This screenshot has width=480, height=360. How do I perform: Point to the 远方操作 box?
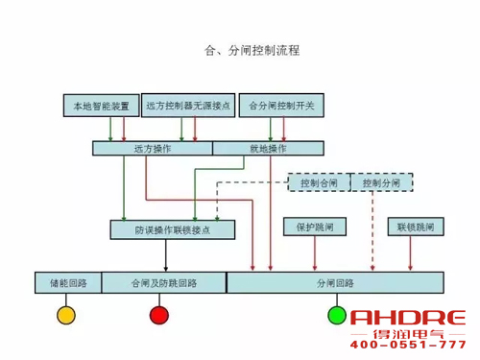point(152,149)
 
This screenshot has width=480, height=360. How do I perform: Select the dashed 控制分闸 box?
point(381,182)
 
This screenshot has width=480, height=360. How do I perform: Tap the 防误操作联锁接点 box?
point(173,229)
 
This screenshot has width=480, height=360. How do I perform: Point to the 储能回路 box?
point(67,283)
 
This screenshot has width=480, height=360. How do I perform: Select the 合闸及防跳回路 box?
point(163,283)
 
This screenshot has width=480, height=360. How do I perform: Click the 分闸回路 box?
point(335,283)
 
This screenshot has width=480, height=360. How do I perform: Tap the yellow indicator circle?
point(66,315)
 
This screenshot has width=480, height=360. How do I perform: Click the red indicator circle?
point(159,315)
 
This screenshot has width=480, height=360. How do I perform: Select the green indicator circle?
point(337,315)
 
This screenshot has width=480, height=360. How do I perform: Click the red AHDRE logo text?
point(408,318)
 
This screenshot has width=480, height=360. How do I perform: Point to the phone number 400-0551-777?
point(408,344)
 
